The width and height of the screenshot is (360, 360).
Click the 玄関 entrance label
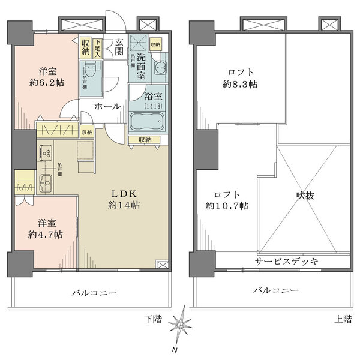pyautogui.click(x=119, y=47)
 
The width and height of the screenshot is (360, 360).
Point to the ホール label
pyautogui.click(x=107, y=106)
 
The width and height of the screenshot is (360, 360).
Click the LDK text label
pyautogui.click(x=125, y=193)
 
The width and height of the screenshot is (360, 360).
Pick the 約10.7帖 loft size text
pyautogui.click(x=228, y=206)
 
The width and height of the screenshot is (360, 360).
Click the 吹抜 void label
pyautogui.click(x=305, y=196)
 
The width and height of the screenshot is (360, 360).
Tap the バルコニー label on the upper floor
pyautogui.click(x=275, y=290)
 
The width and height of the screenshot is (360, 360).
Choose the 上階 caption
pyautogui.click(x=343, y=319)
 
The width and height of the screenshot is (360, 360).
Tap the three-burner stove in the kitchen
pyautogui.click(x=46, y=152)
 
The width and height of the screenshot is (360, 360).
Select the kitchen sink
pyautogui.click(x=46, y=183)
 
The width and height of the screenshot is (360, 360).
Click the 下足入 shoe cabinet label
pyautogui.click(x=97, y=46)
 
